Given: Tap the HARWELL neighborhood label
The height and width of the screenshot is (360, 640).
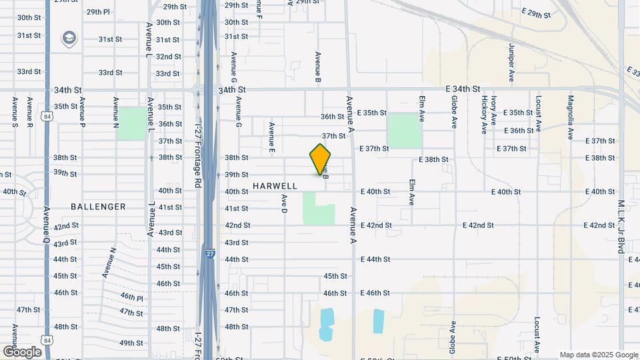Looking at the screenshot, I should pyautogui.click(x=275, y=186).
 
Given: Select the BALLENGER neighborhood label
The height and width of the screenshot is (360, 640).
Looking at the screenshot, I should pyautogui.click(x=98, y=207).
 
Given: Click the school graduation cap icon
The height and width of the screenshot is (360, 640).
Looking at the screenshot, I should pyautogui.click(x=69, y=39).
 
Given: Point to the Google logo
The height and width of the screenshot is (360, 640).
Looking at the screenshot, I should pyautogui.click(x=21, y=352).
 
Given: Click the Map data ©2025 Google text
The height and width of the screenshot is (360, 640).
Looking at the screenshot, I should pyautogui.click(x=598, y=355).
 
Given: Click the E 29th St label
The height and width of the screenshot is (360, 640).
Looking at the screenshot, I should pyautogui.click(x=537, y=13).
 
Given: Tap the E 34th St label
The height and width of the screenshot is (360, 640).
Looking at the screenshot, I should pyautogui.click(x=463, y=89).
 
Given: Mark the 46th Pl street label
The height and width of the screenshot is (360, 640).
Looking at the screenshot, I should pyautogui.click(x=131, y=297).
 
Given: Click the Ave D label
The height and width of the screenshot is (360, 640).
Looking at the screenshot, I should pyautogui.click(x=283, y=203).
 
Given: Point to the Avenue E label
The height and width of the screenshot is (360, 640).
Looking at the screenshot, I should pyautogui.click(x=272, y=135).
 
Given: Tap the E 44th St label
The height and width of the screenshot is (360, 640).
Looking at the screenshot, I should pyautogui.click(x=375, y=259).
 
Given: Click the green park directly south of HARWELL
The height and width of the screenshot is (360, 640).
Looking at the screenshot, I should pyautogui.click(x=319, y=209).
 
